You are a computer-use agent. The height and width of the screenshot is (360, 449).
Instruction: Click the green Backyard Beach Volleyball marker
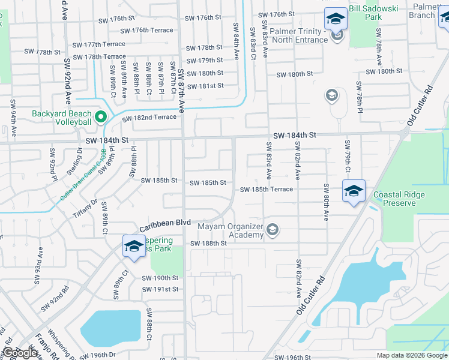point(101,117)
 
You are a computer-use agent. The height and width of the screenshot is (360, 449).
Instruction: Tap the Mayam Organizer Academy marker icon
point(273,229)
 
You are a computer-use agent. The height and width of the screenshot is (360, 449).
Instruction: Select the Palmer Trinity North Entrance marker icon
point(337,36)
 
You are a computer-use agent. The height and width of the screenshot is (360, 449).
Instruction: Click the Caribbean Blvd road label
point(165,224)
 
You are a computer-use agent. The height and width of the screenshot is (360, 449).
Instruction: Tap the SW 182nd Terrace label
point(149,118)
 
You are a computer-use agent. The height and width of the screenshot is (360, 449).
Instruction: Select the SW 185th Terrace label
point(267,190)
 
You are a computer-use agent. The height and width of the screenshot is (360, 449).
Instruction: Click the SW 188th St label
point(209,244)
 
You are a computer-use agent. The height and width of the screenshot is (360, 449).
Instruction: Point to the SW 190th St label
point(160,278)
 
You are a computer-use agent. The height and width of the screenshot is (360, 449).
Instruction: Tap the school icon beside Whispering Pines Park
point(134,246)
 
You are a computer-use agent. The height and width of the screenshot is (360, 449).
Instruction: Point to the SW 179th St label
point(204,61)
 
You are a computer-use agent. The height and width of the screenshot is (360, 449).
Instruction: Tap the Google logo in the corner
point(20,353)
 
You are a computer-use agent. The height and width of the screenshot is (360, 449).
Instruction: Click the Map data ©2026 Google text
point(412,355)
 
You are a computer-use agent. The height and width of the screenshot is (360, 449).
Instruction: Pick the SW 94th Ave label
point(13,112)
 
